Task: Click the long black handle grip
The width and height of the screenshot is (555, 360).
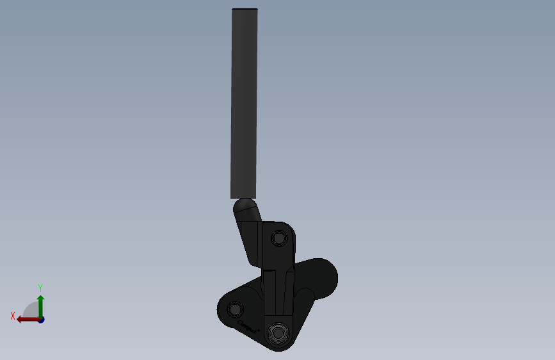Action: coord(244,102)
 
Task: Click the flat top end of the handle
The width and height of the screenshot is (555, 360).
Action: coord(245,9)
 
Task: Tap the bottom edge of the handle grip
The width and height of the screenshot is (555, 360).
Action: coord(243,196)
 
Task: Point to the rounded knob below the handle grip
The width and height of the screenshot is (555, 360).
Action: coord(245,207)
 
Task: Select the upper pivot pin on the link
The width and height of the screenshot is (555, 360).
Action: coord(278,238)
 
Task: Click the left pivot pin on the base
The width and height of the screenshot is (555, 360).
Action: coord(236,309)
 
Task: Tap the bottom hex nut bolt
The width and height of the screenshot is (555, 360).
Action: coord(278,334)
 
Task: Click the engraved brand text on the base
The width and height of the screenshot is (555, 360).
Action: coord(248,327)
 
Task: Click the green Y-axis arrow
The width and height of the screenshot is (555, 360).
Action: coord(40,307)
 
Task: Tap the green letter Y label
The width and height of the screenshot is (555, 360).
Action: coord(40,288)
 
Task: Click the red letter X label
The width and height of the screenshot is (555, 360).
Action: coord(12,316)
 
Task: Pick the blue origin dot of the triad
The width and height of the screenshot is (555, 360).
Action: coord(40,319)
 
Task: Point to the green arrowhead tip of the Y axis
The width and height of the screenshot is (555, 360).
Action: coord(40,297)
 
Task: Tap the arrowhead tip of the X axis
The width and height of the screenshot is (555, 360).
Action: coord(18,319)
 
